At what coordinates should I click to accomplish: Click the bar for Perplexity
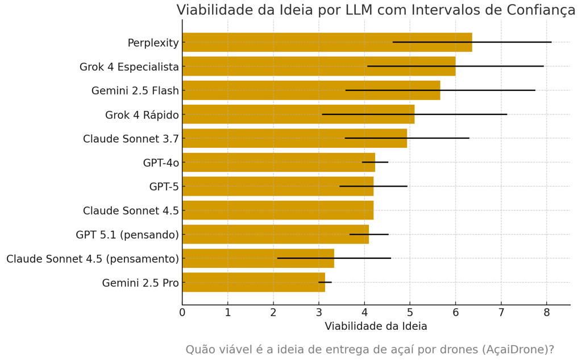[x=327, y=43]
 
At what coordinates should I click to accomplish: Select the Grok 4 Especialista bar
[x=318, y=67]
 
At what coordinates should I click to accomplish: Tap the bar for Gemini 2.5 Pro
[x=253, y=283]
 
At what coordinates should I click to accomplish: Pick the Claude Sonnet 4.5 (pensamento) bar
[x=258, y=259]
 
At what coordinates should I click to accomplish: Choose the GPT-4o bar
[x=278, y=163]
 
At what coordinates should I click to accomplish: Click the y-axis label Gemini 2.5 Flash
[x=135, y=91]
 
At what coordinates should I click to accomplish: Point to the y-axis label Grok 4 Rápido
[x=142, y=115]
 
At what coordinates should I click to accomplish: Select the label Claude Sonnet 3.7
[x=131, y=139]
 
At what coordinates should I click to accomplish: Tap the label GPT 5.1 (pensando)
[x=127, y=235]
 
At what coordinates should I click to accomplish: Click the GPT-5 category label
[x=164, y=187]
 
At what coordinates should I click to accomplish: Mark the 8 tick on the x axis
[x=547, y=312]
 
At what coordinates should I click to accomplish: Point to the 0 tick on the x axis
[x=182, y=312]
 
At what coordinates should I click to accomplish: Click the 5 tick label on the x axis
[x=410, y=312]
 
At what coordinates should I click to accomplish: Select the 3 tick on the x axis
[x=319, y=312]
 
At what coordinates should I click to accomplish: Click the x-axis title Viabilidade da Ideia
[x=376, y=326]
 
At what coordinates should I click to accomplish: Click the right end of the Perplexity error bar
[x=551, y=42]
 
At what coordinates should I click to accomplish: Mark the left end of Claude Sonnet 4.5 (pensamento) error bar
[x=277, y=258]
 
